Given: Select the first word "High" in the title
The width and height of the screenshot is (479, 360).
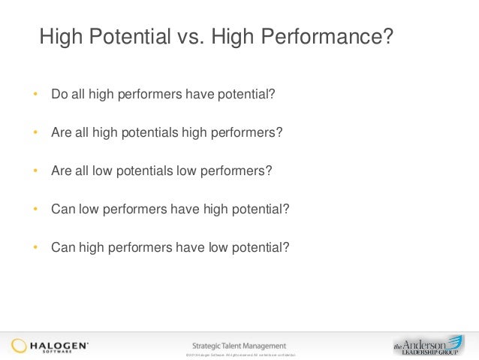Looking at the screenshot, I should click(x=61, y=37).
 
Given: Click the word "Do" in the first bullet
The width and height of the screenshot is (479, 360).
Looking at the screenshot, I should click(x=59, y=95).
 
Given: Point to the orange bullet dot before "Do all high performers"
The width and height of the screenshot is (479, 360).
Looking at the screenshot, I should click(x=35, y=95).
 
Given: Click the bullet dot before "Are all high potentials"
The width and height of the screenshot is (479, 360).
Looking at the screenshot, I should click(x=35, y=133).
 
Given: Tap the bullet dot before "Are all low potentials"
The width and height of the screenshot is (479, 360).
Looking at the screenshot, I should click(x=35, y=171).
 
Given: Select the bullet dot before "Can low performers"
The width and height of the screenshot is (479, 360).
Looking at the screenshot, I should click(x=35, y=208).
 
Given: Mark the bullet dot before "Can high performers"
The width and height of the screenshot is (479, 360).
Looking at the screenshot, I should click(x=35, y=246).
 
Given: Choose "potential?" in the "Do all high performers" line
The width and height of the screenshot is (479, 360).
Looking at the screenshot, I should click(x=247, y=95).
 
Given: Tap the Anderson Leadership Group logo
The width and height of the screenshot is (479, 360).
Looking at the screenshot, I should click(x=429, y=344).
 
